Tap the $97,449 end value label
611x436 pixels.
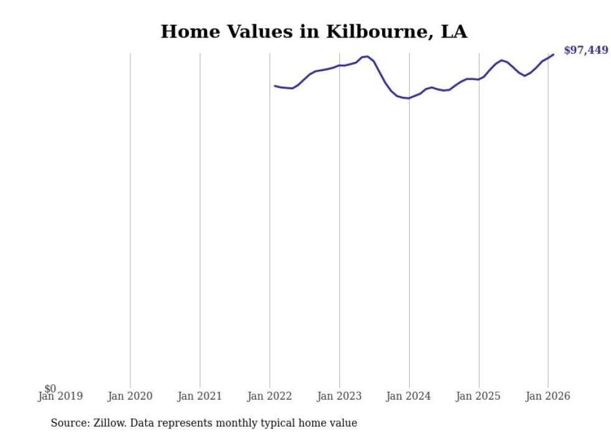coord(585,51)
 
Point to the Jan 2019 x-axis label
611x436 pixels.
coord(60,396)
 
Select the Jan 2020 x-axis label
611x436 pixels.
coord(130,396)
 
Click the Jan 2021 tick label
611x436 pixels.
coord(200,396)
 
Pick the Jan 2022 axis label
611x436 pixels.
coord(269,396)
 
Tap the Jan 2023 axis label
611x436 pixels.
coord(339,396)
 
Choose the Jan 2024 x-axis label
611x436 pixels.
coord(409,396)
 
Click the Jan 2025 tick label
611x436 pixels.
coord(478,396)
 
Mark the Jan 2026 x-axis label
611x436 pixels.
coord(548,396)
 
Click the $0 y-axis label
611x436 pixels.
coord(50,389)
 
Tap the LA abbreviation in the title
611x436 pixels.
coord(454,32)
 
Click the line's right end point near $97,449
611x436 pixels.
coord(553,54)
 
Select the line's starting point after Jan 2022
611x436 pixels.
coord(275,86)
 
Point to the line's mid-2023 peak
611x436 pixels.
coord(367,56)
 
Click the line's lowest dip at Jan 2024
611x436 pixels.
coord(408,98)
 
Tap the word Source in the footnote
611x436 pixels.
coord(69,423)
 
